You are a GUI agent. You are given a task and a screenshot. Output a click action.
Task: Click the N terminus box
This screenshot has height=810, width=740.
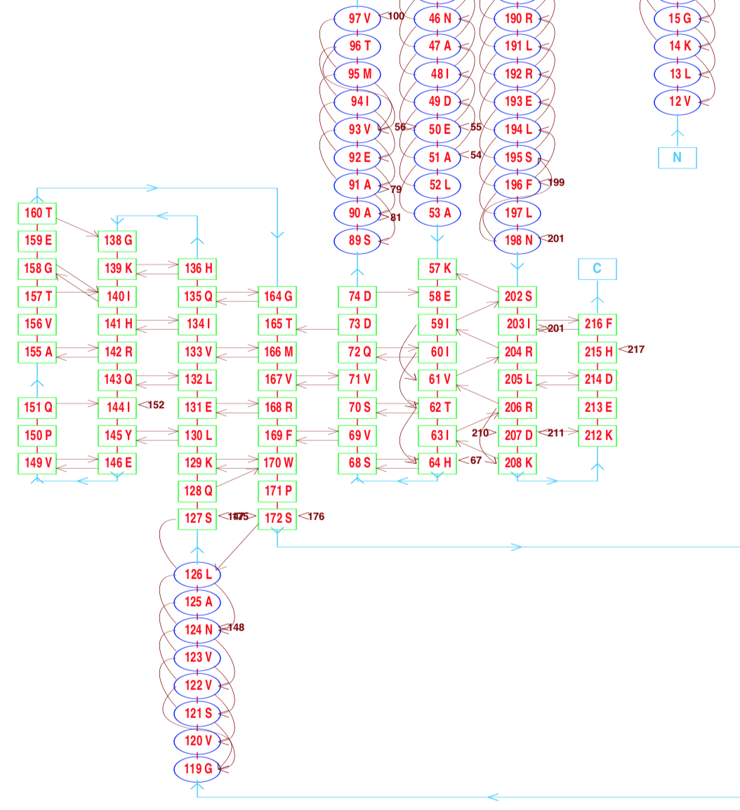(x=677, y=157)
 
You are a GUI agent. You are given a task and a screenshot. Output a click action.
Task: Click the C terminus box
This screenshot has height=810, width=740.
(x=597, y=268)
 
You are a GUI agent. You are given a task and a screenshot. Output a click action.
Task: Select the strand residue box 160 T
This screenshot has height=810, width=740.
(x=38, y=213)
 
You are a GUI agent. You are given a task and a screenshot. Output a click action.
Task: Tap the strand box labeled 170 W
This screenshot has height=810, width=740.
(x=278, y=463)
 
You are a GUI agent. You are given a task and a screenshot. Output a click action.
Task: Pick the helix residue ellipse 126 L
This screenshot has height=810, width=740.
(x=197, y=574)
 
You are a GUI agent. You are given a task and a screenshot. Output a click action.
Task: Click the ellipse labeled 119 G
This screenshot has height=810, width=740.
(x=197, y=769)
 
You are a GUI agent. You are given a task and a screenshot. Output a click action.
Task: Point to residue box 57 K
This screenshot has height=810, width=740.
(x=437, y=268)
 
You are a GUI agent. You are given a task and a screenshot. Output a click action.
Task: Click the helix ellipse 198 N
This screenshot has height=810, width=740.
(x=517, y=241)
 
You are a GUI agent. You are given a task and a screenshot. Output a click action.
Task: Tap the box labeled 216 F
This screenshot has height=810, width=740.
(x=597, y=324)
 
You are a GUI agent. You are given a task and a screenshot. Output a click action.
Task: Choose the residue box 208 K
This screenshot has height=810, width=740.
(x=517, y=463)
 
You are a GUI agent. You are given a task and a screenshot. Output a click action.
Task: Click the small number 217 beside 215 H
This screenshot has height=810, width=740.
(x=635, y=349)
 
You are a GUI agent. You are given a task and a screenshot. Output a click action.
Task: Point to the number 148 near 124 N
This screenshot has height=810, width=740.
(x=237, y=628)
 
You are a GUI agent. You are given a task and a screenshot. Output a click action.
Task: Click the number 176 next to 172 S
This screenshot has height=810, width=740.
(x=316, y=517)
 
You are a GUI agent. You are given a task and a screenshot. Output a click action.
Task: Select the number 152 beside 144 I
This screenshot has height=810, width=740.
(x=156, y=404)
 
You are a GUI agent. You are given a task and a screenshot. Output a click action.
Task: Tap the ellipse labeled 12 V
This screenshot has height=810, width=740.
(x=678, y=102)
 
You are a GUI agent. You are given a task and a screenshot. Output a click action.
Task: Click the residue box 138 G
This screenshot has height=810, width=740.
(x=118, y=241)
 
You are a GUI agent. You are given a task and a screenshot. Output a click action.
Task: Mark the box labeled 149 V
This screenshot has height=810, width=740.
(x=38, y=463)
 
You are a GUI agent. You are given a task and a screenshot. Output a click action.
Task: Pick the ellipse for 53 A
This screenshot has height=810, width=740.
(x=437, y=213)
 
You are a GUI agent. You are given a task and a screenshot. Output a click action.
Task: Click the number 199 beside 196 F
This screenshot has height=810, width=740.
(x=556, y=182)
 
